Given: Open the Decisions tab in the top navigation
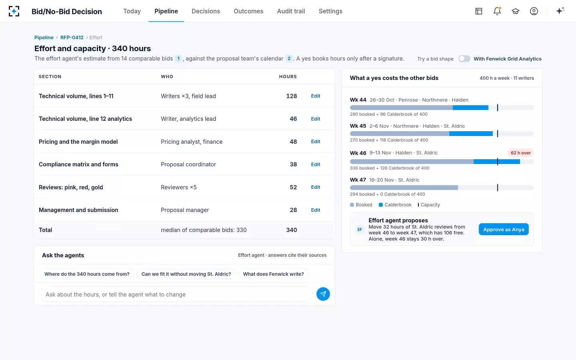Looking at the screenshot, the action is coord(206,11).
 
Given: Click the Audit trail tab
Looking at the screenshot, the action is coord(291,11).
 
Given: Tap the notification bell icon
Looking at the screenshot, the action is coord(497,11).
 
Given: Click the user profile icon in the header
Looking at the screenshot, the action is coord(534,11).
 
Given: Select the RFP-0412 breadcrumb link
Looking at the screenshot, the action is coord(72,37).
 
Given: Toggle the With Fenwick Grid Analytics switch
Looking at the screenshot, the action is coord(464,59).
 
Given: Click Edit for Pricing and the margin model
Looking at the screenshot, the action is coord(316,142).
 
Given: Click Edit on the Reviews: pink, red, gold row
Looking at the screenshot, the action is coord(316,187).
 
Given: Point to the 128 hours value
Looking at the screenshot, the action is coord(291,96).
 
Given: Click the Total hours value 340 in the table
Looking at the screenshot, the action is coord(291,230).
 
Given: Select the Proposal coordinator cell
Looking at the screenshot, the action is coord(188,164).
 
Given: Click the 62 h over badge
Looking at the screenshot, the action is coord(520,153).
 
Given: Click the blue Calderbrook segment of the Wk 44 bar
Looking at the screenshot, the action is coord(470,108).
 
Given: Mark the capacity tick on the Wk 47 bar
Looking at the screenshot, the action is coord(497,188).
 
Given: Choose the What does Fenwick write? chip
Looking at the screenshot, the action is coord(273,274).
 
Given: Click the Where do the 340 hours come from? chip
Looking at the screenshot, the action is coord(87,274).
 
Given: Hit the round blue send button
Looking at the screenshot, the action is coord(323,294).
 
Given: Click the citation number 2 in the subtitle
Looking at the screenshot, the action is coord(289,59).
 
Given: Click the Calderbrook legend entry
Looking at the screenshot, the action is coord(395,205).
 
